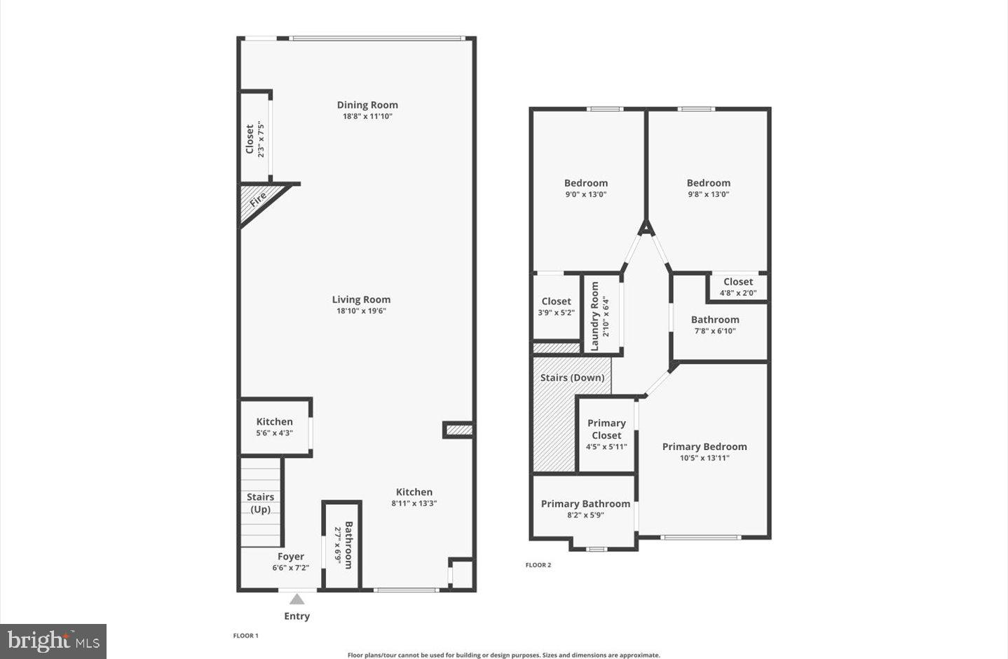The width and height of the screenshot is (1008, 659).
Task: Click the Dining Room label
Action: (367, 105)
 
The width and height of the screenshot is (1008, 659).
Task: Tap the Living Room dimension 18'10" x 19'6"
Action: (361, 311)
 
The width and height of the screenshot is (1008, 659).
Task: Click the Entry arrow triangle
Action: (297, 599)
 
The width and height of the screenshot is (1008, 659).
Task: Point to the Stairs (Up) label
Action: (260, 503)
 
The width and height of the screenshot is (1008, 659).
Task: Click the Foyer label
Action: (291, 557)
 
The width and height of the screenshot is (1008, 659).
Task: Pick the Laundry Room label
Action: (595, 316)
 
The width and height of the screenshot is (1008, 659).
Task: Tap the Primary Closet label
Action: (606, 429)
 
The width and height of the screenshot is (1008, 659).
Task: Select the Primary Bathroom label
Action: (585, 503)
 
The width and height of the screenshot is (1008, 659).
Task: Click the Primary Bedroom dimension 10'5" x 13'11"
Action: (704, 458)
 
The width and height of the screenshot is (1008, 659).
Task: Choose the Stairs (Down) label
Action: (572, 377)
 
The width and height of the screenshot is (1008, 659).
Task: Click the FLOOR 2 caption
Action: (538, 564)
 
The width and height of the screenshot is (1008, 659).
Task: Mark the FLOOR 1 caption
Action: (246, 635)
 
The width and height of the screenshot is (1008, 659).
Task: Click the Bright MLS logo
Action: (53, 641)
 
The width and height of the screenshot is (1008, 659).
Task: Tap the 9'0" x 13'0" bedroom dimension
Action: (586, 194)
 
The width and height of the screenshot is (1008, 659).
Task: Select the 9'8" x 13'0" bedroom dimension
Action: (709, 194)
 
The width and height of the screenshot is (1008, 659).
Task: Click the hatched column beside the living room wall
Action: (459, 430)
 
